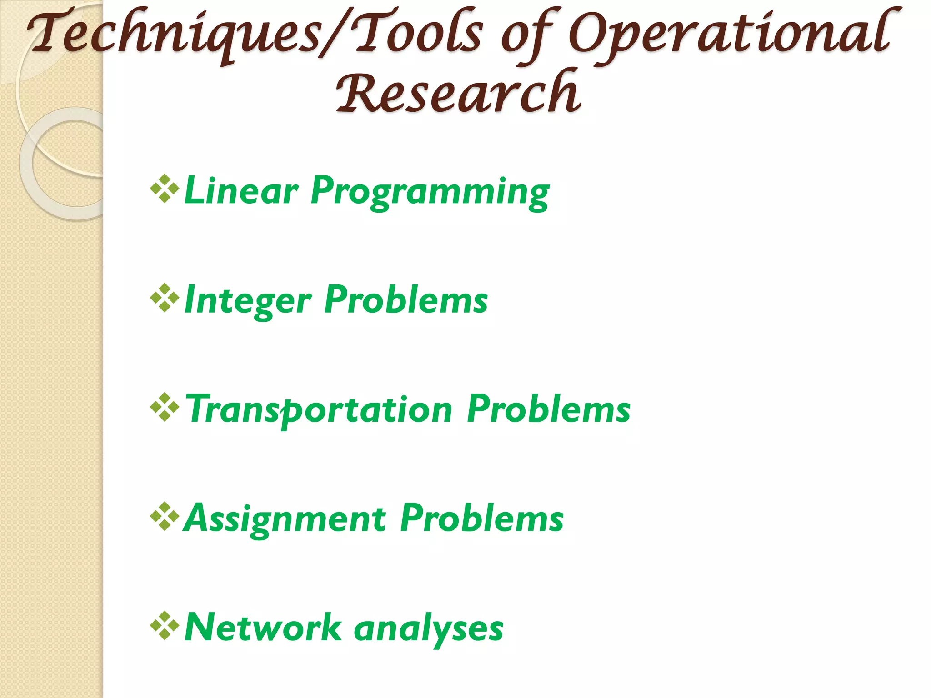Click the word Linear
coord(241,191)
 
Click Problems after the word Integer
coord(406,300)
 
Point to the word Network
coord(263,628)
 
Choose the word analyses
coord(428,629)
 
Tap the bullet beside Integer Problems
coord(164,298)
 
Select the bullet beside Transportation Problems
coord(164,408)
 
